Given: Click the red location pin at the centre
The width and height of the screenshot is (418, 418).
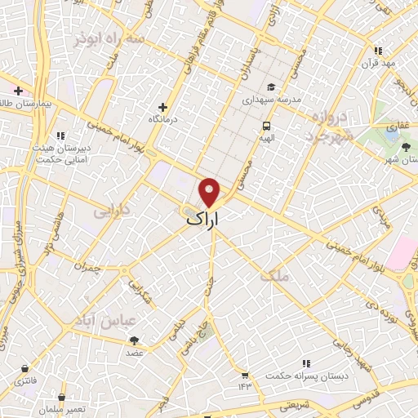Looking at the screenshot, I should [211, 191].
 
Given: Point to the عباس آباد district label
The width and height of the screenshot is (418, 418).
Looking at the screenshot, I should [104, 319].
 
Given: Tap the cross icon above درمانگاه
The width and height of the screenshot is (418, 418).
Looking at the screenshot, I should [163, 107].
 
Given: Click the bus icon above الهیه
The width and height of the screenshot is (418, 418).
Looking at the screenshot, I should [266, 126].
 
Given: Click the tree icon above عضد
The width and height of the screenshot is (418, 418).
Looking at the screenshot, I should [135, 340].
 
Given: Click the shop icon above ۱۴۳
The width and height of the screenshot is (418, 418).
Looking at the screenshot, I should [243, 375].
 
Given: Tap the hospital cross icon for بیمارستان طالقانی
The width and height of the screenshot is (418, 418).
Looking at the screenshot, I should [18, 91].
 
